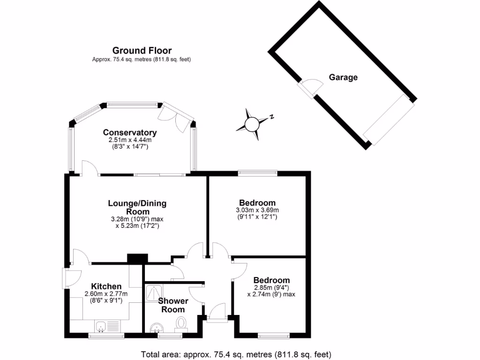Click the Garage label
click(x=343, y=77)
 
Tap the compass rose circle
click(x=252, y=124)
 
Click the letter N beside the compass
click(x=271, y=117)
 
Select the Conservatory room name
click(x=130, y=133)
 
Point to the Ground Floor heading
click(x=142, y=51)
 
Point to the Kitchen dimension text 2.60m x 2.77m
click(x=106, y=294)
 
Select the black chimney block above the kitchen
click(x=137, y=259)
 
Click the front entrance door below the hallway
click(x=217, y=313)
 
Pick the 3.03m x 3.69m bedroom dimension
click(x=257, y=210)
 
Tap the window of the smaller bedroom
click(x=274, y=335)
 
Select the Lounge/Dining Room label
click(x=137, y=207)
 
